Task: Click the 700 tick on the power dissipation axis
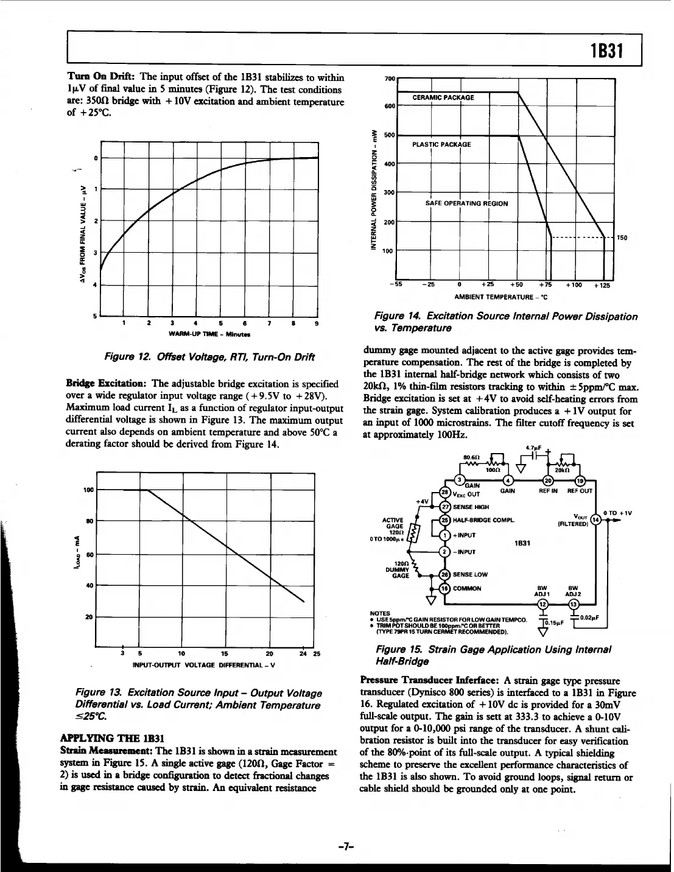pos(390,79)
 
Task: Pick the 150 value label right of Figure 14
pos(623,237)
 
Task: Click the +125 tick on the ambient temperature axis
pos(601,285)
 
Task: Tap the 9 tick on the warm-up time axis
pos(315,323)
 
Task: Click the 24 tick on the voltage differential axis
pos(303,655)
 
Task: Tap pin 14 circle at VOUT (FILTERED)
pos(596,519)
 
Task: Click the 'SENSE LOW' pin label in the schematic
pos(471,574)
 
